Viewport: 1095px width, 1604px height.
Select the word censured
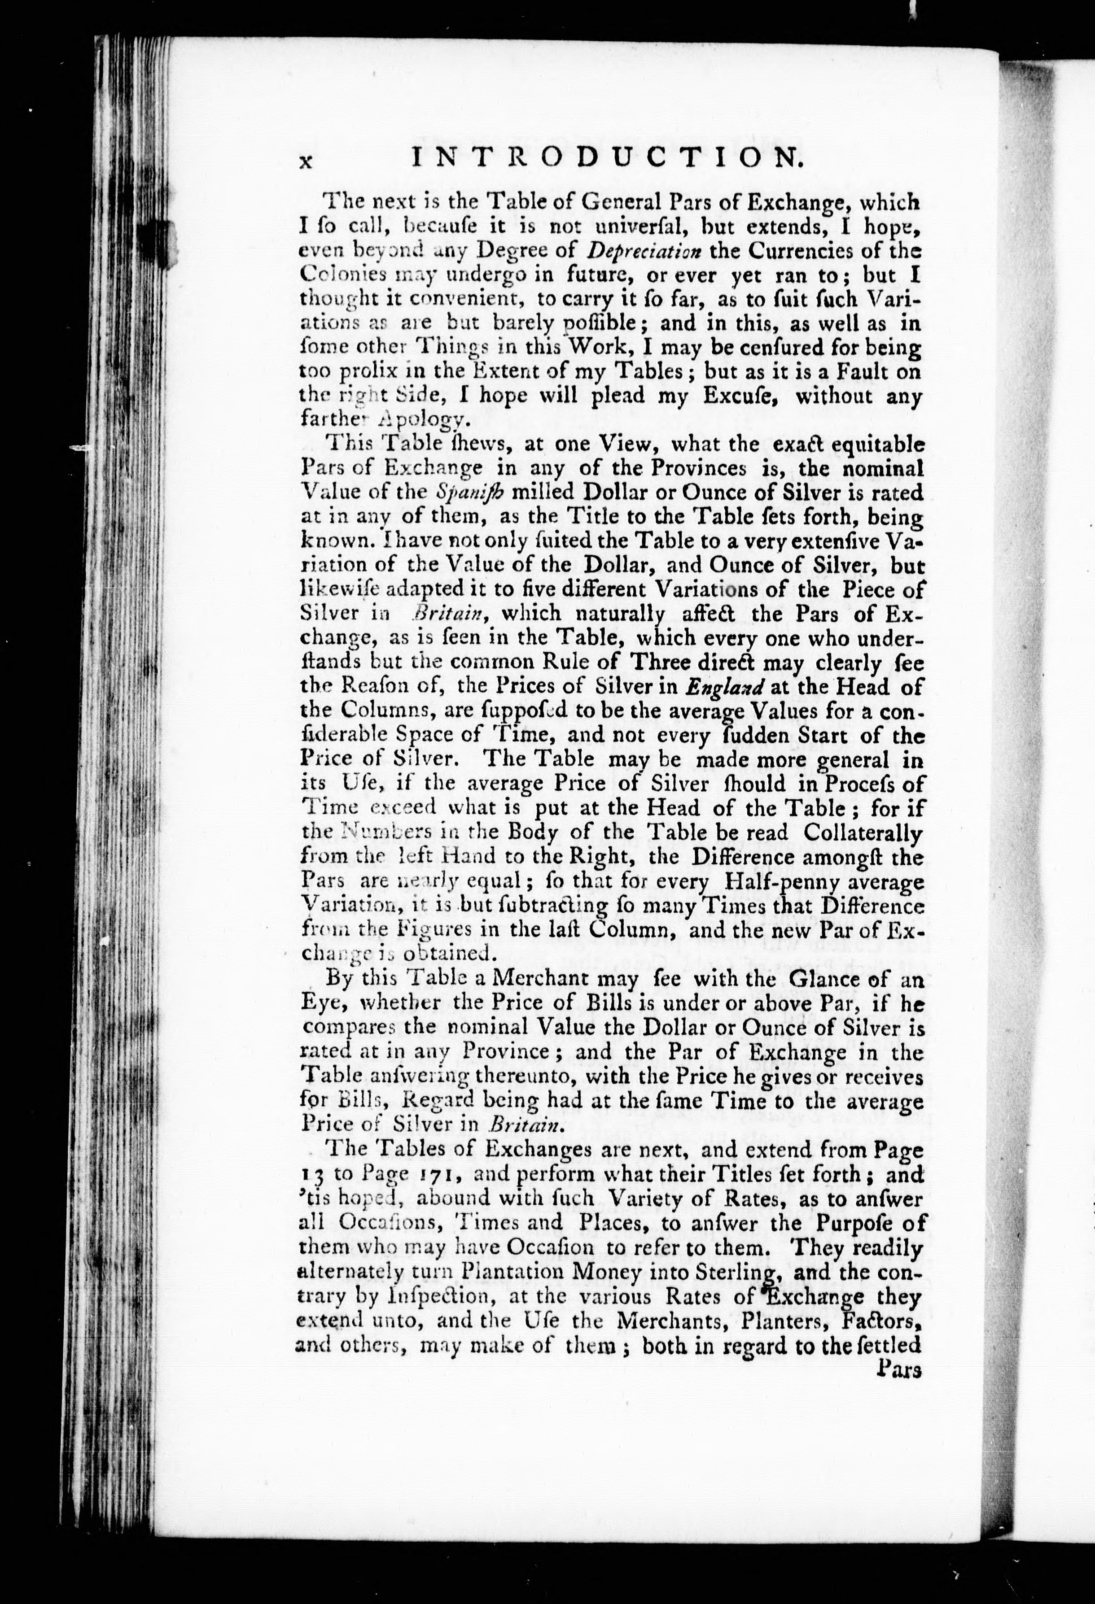pos(771,347)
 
